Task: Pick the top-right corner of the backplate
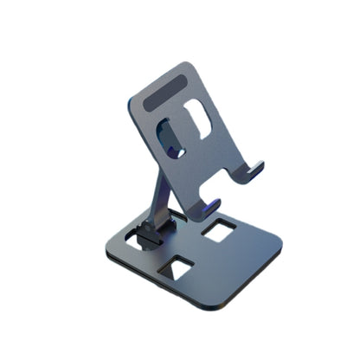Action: tap(190, 64)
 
